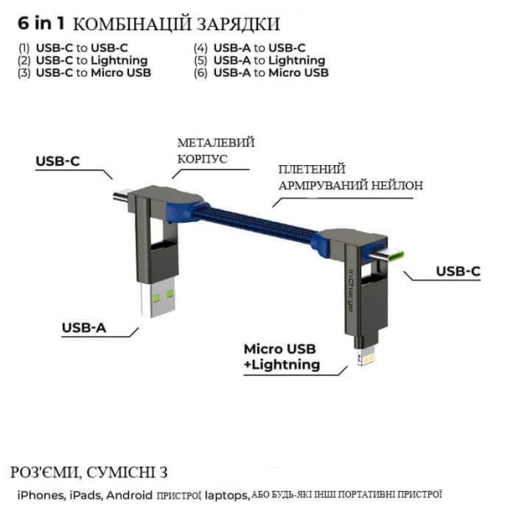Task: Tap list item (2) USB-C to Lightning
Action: click(x=83, y=60)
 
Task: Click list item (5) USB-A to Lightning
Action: click(x=259, y=60)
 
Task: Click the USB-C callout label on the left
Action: click(x=58, y=161)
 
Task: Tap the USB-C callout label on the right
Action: click(x=458, y=272)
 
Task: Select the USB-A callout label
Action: click(x=84, y=327)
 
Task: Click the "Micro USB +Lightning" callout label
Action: click(x=280, y=357)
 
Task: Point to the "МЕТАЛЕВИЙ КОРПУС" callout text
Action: click(x=216, y=151)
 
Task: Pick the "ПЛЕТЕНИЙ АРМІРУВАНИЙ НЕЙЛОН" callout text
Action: click(x=349, y=177)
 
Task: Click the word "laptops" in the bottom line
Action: click(x=227, y=495)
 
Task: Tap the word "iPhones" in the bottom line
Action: click(x=40, y=495)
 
